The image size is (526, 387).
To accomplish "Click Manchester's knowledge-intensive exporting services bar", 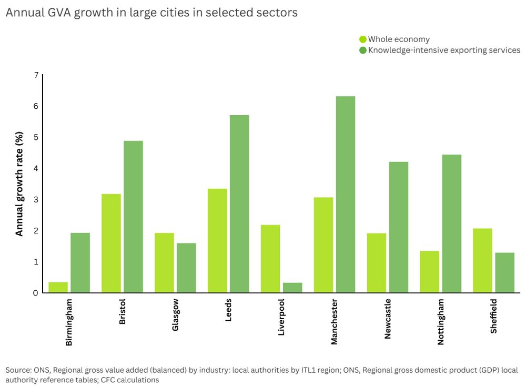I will point(346,195).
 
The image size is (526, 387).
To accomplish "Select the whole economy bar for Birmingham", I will point(58,288).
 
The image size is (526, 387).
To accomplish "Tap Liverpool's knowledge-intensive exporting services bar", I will point(292,288).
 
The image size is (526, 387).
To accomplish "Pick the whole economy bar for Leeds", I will point(217,240).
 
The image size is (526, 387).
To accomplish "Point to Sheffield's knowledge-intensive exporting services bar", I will point(504,272).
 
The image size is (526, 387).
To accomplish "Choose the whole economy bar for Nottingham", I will point(429,272).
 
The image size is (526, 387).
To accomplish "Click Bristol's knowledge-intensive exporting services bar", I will point(133,217).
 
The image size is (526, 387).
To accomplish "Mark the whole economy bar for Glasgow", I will point(164,263).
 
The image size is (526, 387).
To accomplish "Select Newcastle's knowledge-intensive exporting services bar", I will point(398,227).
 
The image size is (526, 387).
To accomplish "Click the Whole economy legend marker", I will point(363,39).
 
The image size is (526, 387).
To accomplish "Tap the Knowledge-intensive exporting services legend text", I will point(444,50).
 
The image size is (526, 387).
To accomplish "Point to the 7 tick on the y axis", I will point(36,75).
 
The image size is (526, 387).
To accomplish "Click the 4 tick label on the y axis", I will point(36,168).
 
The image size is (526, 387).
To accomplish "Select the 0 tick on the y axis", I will point(36,293).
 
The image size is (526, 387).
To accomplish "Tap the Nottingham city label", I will point(440,322).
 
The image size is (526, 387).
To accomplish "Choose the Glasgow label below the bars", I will point(175,316).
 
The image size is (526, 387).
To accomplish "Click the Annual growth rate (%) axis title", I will point(19,184).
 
